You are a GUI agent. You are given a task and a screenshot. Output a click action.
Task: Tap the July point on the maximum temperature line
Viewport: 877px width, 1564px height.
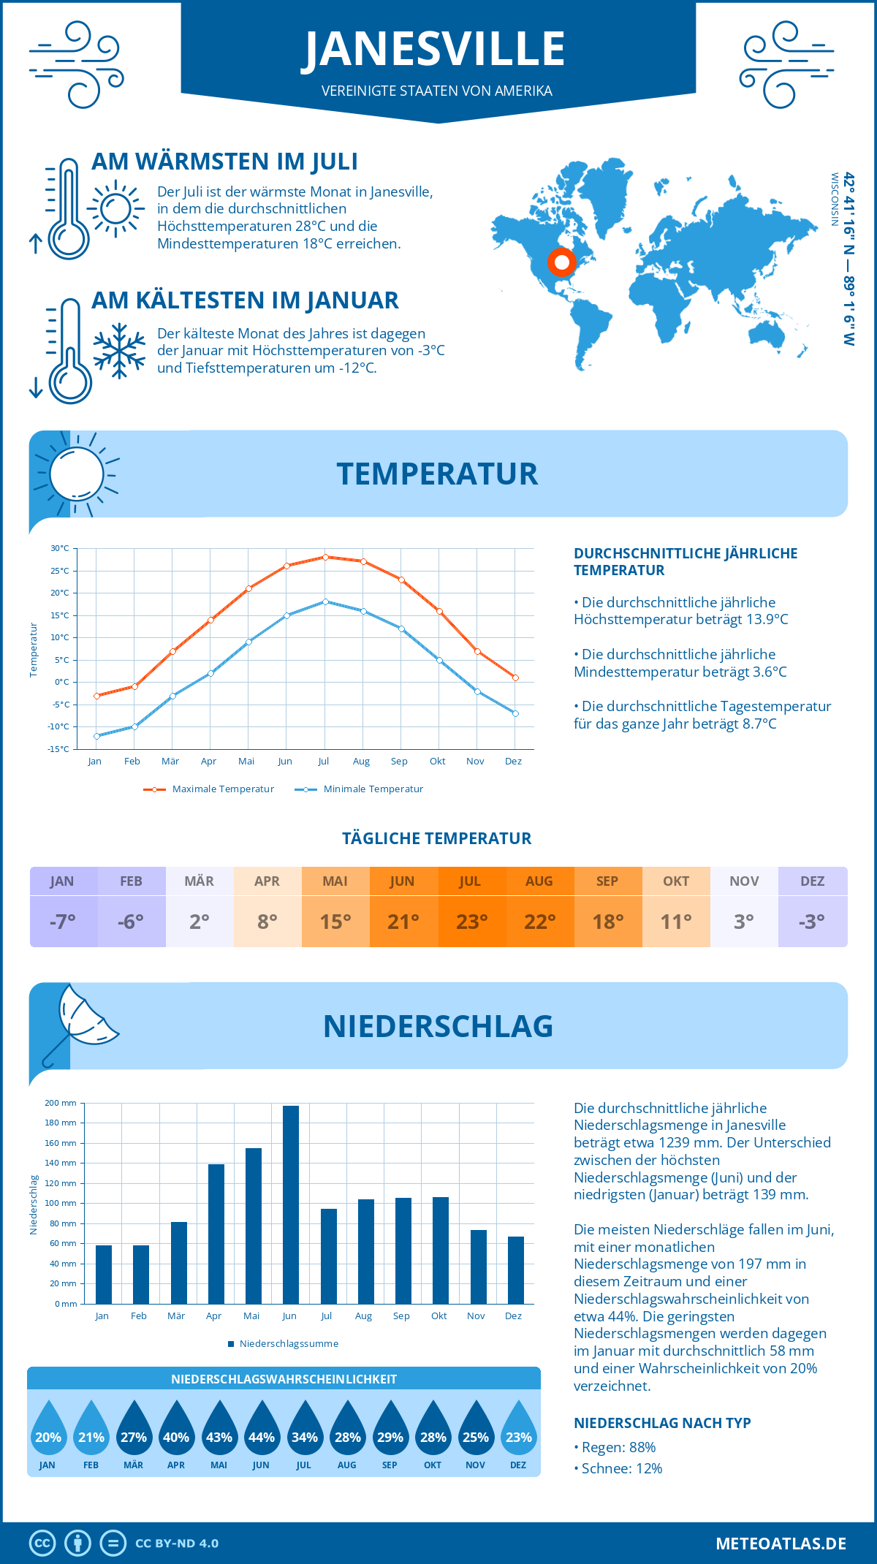tap(325, 557)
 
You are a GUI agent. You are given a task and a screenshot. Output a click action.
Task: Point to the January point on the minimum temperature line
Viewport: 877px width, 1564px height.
tap(96, 736)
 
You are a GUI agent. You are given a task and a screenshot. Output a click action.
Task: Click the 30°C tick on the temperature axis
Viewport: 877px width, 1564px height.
tap(60, 548)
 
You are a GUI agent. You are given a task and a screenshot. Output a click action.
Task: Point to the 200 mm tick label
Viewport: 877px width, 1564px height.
tap(61, 1103)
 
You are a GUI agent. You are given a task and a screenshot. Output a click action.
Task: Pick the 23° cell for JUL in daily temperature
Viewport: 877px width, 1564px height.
tap(471, 921)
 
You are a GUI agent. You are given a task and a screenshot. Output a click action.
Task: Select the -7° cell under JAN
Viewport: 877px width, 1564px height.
tap(63, 921)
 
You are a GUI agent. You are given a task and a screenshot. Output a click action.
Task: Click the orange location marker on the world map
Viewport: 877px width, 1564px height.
tap(561, 262)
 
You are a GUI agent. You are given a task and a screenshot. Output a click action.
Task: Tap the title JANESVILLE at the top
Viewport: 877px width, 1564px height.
tap(435, 49)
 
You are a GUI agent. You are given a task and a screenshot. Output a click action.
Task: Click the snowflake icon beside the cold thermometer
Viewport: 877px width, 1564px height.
tap(119, 351)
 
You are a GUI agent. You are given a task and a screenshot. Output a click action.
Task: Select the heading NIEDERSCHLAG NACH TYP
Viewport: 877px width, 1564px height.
tap(661, 1423)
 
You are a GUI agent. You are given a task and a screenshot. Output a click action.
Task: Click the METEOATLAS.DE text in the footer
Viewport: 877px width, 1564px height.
tap(781, 1544)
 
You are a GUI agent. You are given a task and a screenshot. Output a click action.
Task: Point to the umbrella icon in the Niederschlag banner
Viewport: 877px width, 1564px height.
tap(80, 1020)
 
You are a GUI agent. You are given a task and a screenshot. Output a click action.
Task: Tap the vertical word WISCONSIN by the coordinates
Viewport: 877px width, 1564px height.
tap(834, 199)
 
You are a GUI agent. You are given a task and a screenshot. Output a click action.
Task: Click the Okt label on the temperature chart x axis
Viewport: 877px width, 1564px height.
tap(437, 761)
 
